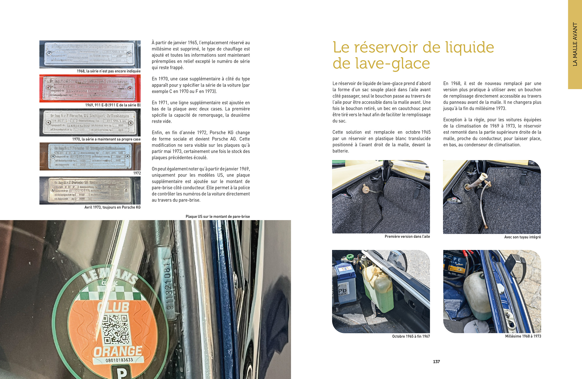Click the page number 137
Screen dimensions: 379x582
pyautogui.click(x=436, y=362)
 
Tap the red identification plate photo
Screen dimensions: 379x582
pyautogui.click(x=90, y=88)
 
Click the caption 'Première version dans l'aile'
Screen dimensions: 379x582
pyautogui.click(x=407, y=236)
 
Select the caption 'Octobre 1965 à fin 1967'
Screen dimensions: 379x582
pyautogui.click(x=411, y=336)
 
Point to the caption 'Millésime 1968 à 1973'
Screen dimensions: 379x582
pyautogui.click(x=523, y=336)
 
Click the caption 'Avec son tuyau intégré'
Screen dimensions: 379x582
pyautogui.click(x=522, y=237)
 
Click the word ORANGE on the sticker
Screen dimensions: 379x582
pyautogui.click(x=117, y=351)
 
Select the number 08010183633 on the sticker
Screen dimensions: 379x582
pyautogui.click(x=119, y=360)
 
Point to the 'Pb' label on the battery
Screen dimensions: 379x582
pyautogui.click(x=342, y=291)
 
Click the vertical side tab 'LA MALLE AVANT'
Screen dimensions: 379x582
pyautogui.click(x=575, y=44)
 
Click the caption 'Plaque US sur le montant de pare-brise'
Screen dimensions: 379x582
pyautogui.click(x=218, y=217)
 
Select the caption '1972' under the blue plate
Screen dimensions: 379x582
pyautogui.click(x=137, y=173)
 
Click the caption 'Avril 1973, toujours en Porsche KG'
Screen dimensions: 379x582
pyautogui.click(x=112, y=207)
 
